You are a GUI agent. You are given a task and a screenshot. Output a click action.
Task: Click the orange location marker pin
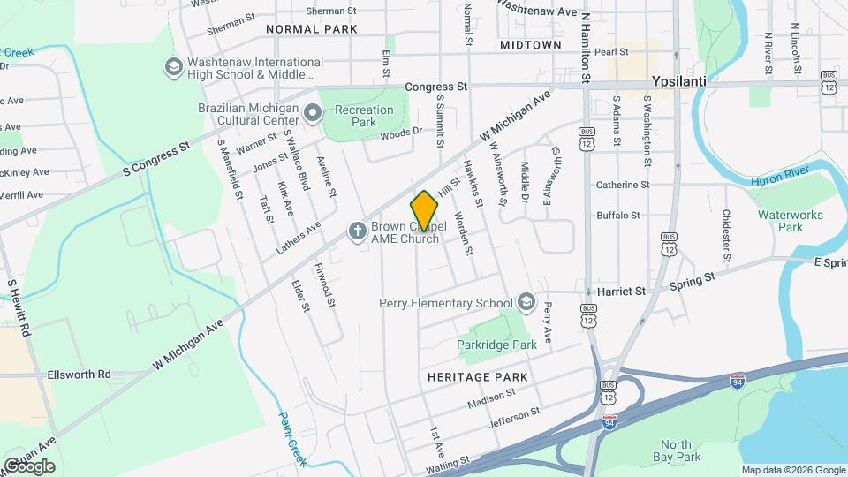[x=424, y=211]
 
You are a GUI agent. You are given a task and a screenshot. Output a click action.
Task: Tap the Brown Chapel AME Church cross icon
[x=357, y=231]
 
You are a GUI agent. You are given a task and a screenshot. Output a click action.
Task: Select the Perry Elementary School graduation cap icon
[x=526, y=303]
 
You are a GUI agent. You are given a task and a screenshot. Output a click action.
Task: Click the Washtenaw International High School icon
[x=173, y=67]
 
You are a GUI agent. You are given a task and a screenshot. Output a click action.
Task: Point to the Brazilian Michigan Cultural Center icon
[x=312, y=113]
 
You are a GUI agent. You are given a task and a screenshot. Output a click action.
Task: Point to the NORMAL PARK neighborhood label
[x=312, y=29]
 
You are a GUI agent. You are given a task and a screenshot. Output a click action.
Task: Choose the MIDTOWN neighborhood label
[x=530, y=44]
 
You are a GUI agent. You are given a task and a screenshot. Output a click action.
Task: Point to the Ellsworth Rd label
[x=79, y=375]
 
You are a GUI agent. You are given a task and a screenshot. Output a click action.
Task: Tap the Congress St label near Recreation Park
[x=436, y=87]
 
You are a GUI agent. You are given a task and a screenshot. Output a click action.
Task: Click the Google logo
[x=30, y=466]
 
